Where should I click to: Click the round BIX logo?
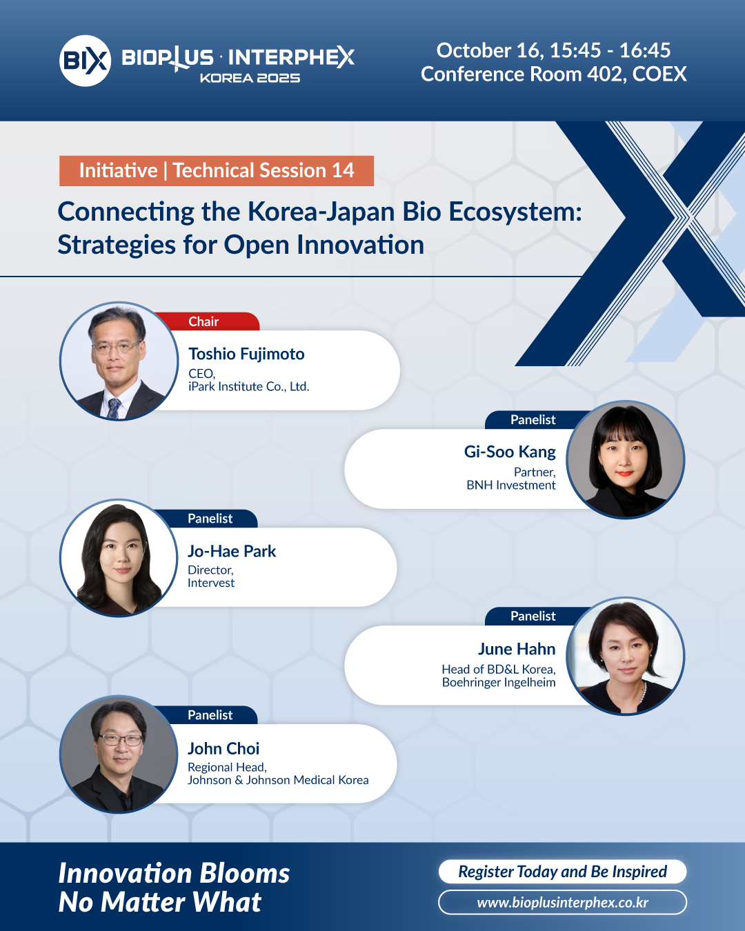tap(85, 61)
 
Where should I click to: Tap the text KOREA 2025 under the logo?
tap(250, 79)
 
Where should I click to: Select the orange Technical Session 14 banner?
tap(217, 171)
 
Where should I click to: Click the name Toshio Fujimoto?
tap(246, 354)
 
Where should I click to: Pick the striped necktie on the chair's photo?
tap(113, 408)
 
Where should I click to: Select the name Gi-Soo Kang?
tap(510, 452)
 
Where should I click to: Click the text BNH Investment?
tap(510, 485)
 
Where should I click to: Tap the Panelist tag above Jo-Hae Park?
tap(210, 519)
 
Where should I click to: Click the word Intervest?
tap(211, 583)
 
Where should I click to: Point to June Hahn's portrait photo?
tap(626, 657)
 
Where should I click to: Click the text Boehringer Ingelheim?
tap(499, 682)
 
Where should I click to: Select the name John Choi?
tap(223, 748)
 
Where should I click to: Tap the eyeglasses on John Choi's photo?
tap(121, 740)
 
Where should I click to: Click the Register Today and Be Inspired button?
tap(562, 871)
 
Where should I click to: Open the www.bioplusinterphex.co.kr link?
tap(562, 903)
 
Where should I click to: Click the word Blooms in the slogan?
tap(245, 873)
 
